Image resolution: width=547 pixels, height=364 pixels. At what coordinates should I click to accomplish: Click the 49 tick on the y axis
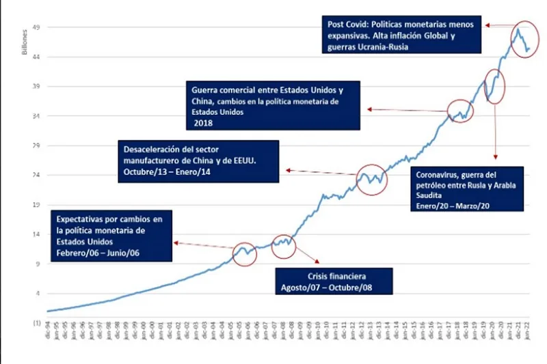tap(36, 27)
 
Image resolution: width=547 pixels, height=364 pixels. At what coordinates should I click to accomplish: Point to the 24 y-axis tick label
tap(36, 175)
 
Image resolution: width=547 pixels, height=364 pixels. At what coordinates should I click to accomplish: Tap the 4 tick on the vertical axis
tap(37, 293)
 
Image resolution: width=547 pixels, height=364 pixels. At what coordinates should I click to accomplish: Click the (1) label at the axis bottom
tap(36, 322)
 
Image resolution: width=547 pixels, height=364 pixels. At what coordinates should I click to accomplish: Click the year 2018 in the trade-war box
tap(203, 124)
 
